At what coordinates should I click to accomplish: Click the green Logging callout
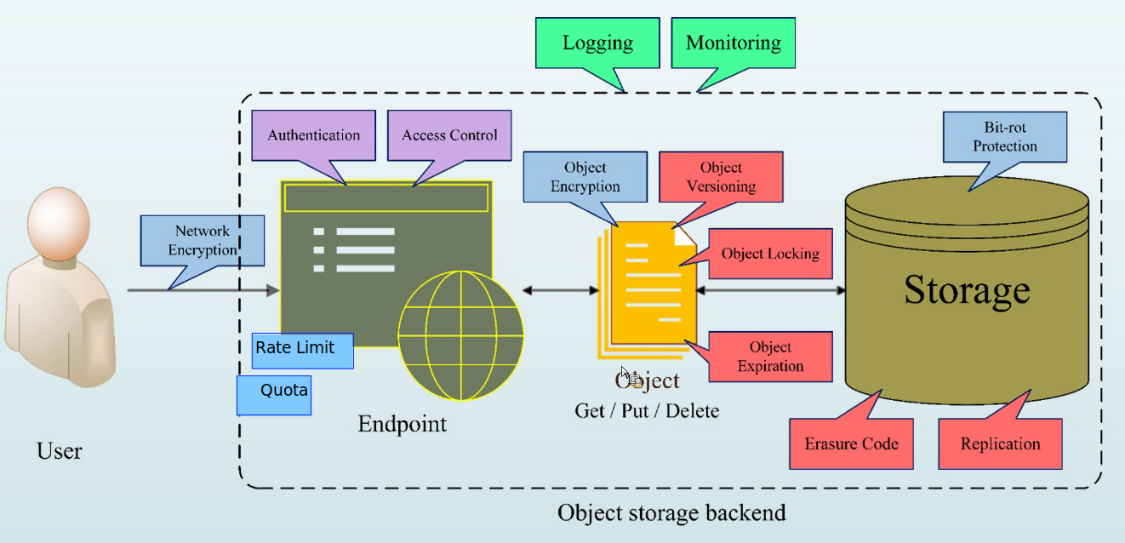click(x=597, y=43)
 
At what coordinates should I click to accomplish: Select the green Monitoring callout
click(x=733, y=43)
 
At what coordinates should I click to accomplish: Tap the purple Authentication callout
click(x=313, y=135)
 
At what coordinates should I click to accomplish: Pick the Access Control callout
click(x=449, y=135)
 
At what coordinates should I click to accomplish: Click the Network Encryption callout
click(x=203, y=240)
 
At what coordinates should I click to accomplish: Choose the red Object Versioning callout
click(x=720, y=177)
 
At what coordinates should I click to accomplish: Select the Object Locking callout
click(x=769, y=254)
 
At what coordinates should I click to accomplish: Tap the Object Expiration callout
click(x=770, y=357)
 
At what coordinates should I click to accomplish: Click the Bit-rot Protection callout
click(x=1005, y=137)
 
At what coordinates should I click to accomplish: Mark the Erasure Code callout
click(x=851, y=443)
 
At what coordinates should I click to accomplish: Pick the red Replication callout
click(x=1000, y=443)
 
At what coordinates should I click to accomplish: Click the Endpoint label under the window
click(x=402, y=423)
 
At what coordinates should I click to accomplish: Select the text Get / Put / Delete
click(x=647, y=410)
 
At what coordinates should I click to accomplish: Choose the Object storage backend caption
click(x=671, y=512)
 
